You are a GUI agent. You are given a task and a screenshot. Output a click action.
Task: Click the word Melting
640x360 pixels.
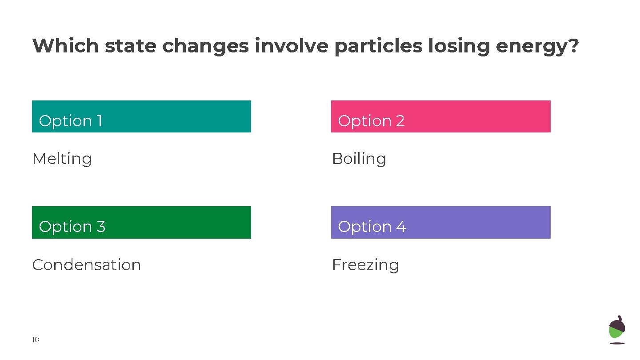(x=62, y=159)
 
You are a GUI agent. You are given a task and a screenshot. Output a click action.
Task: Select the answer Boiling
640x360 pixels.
(x=359, y=159)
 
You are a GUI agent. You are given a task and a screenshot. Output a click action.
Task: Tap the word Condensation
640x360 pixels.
(x=87, y=265)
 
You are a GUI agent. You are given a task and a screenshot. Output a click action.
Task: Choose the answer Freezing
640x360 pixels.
(x=365, y=265)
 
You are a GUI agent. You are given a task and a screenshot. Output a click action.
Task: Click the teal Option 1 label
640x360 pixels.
(x=141, y=116)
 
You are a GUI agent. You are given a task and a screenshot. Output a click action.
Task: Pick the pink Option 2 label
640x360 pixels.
(x=440, y=116)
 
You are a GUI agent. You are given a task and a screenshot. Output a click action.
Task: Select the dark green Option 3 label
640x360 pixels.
(x=141, y=223)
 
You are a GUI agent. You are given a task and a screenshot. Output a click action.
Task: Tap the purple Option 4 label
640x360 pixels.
(x=440, y=223)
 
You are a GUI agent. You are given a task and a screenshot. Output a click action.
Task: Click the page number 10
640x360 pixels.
(x=36, y=340)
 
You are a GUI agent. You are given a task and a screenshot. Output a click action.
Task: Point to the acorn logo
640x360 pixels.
(x=616, y=330)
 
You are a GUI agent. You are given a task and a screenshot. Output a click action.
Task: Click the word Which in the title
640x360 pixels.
(x=66, y=46)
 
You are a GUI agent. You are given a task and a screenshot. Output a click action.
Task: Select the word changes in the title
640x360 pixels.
(x=205, y=46)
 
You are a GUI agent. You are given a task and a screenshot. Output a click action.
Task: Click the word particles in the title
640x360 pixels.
(x=378, y=46)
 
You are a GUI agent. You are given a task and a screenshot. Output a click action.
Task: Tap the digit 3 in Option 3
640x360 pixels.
(x=101, y=227)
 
